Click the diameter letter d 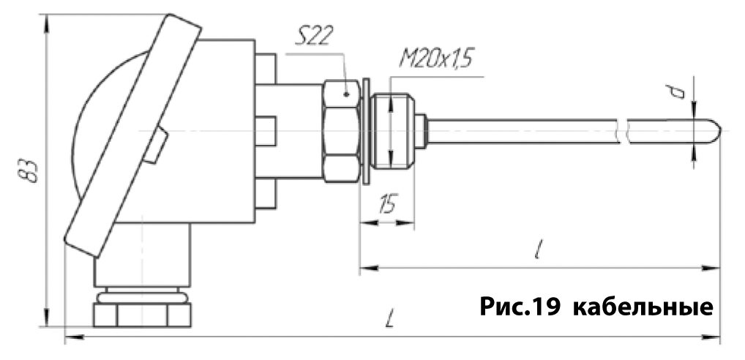(680, 91)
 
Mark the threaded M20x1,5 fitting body (392, 132)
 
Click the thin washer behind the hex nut (365, 132)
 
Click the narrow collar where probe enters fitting (422, 132)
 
